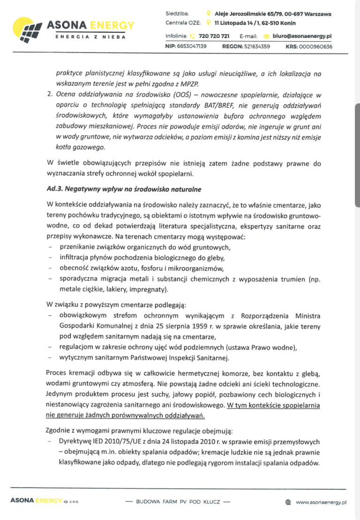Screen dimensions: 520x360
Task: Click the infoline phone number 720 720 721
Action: click(x=214, y=36)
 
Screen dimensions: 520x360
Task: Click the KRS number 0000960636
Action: click(x=315, y=46)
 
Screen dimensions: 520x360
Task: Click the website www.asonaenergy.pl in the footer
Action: click(x=321, y=502)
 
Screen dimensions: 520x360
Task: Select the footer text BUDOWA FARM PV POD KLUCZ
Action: click(x=178, y=502)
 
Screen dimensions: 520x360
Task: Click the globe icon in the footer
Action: click(x=288, y=502)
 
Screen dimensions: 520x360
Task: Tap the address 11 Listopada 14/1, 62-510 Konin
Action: click(x=255, y=23)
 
